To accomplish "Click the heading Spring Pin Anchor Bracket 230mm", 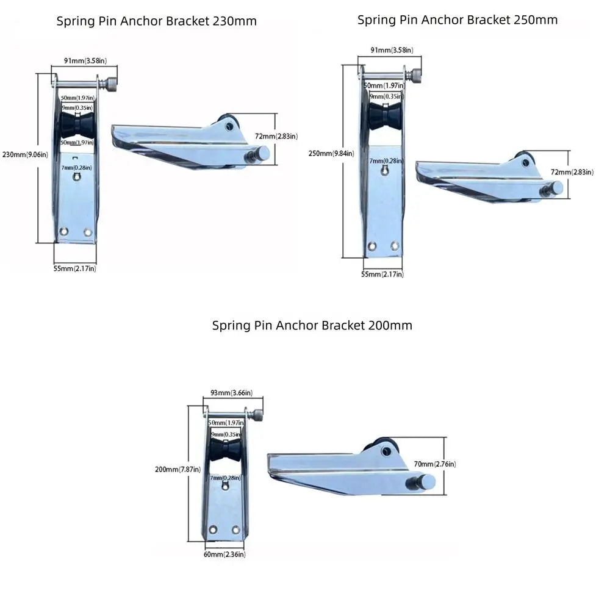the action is click(156, 21).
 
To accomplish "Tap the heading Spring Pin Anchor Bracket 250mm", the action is click(457, 20).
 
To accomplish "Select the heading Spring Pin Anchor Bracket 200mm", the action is click(312, 325).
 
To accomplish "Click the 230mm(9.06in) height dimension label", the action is click(25, 154).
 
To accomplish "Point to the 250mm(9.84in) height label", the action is click(331, 153).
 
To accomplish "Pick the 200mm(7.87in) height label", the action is click(178, 470).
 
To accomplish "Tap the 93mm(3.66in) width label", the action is click(231, 393).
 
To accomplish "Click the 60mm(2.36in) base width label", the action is click(224, 554).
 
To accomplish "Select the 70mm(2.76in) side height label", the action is click(435, 464).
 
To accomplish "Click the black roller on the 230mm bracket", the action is click(77, 126).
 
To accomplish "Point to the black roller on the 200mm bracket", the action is click(225, 450).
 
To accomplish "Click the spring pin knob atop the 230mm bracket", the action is click(112, 84).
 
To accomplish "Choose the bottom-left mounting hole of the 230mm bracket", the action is click(63, 231).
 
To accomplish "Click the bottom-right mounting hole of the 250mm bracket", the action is click(395, 245).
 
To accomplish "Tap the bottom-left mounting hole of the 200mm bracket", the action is click(213, 529).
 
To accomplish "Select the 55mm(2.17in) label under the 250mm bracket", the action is click(382, 274).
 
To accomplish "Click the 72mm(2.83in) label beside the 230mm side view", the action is click(276, 136).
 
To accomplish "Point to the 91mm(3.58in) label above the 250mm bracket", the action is click(392, 50).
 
